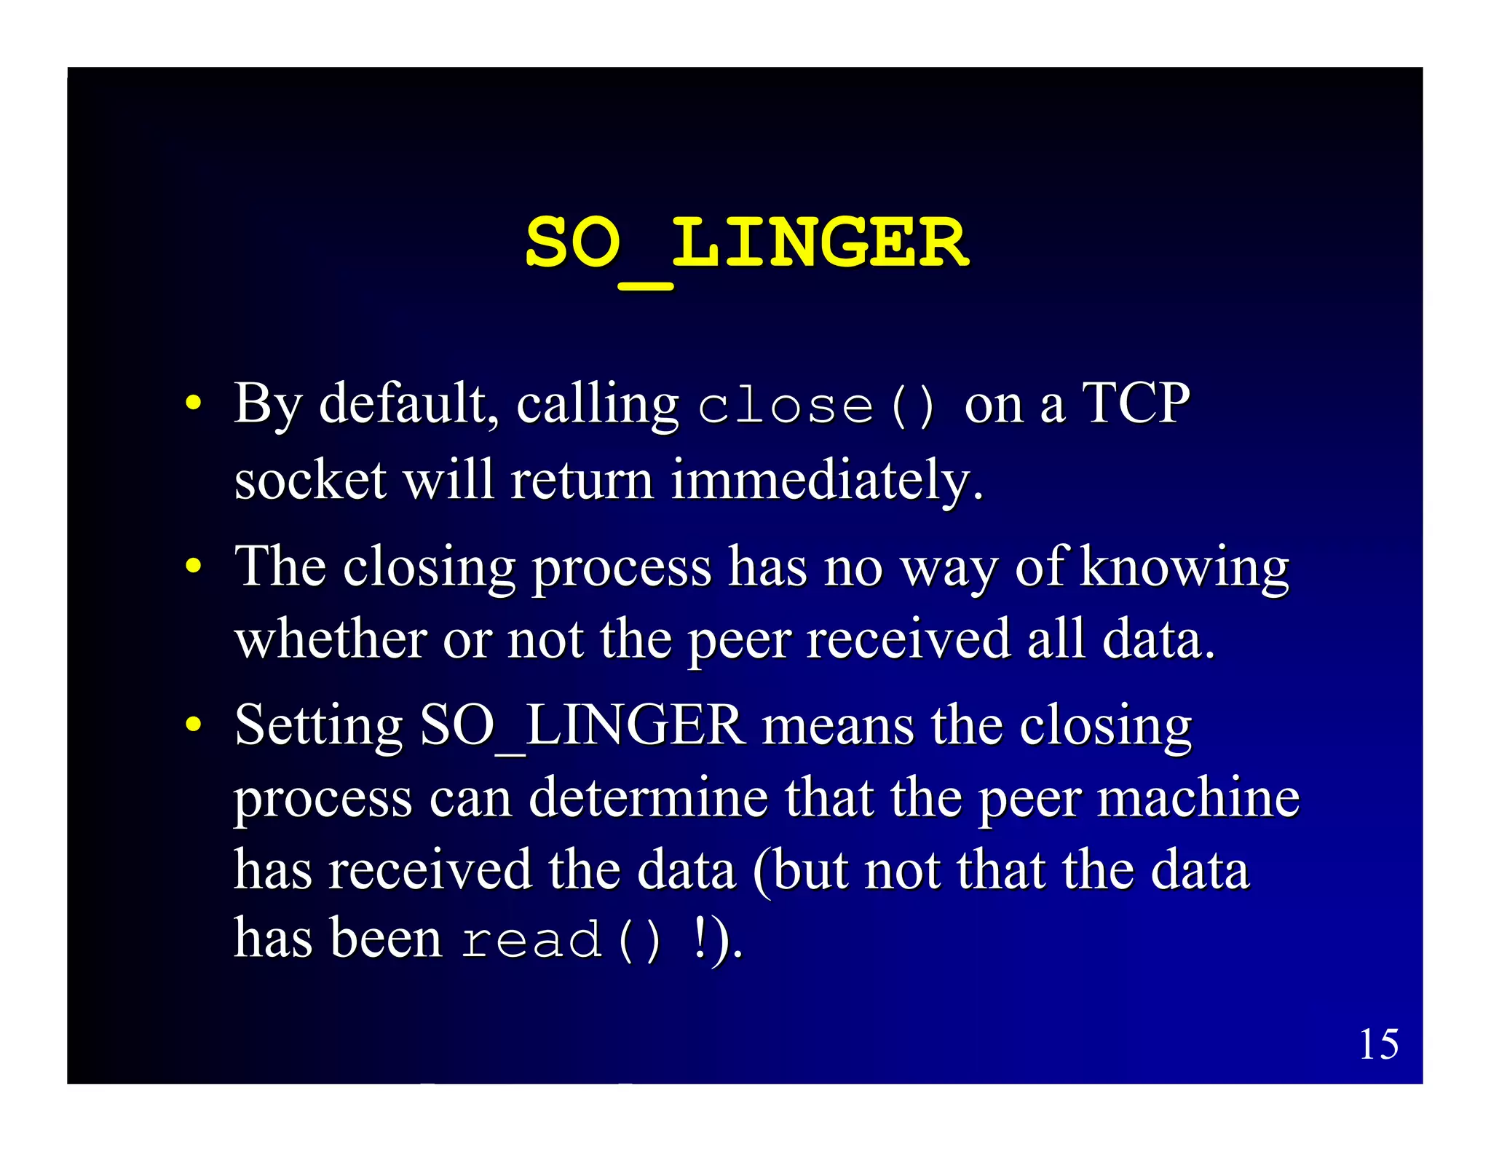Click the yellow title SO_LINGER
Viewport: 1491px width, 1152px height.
(746, 244)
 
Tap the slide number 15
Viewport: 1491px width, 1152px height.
(1378, 1044)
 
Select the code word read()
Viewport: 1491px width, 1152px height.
(561, 939)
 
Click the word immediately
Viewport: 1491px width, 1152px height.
(827, 481)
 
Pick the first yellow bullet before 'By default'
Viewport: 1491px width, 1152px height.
(193, 403)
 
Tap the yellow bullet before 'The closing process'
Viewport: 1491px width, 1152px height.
(193, 566)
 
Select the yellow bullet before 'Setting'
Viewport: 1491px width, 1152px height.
(193, 725)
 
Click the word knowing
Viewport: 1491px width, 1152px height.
(1185, 568)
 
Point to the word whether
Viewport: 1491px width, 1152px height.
(331, 639)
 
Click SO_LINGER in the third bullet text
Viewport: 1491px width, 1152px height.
(582, 725)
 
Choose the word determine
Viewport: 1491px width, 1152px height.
(648, 798)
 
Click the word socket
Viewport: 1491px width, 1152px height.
(310, 481)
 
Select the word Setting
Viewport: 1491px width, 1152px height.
(318, 727)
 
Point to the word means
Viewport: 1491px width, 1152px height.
(837, 727)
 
